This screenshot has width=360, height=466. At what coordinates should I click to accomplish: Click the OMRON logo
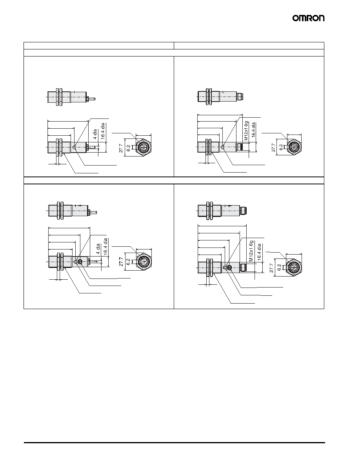point(308,18)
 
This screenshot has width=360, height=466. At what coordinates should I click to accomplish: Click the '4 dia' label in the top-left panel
point(95,134)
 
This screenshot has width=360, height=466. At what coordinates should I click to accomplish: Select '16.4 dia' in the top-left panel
point(103,131)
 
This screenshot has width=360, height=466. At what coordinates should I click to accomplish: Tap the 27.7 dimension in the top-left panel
point(121,147)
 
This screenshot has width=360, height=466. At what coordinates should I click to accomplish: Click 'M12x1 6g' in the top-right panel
point(246,131)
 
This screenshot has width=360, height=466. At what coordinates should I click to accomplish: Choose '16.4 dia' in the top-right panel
point(253,129)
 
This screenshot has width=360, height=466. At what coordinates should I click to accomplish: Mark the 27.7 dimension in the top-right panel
point(274,147)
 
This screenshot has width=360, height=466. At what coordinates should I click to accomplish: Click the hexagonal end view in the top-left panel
point(143,147)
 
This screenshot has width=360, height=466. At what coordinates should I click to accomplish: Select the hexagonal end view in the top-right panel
point(295,147)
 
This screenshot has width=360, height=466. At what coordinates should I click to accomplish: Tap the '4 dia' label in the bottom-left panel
point(98,249)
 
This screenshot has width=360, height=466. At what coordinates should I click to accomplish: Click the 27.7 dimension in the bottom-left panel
point(121,262)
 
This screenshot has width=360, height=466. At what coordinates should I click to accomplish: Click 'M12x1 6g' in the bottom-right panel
point(251,251)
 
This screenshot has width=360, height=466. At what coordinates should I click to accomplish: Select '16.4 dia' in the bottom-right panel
point(259,252)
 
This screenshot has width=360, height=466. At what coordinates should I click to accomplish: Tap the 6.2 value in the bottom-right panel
point(279,268)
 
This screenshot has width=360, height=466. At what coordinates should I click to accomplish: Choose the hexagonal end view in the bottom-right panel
point(293,268)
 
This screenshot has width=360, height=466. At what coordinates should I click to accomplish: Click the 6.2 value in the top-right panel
point(281,147)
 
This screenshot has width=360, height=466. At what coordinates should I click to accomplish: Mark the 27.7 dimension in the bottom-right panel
point(271,268)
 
